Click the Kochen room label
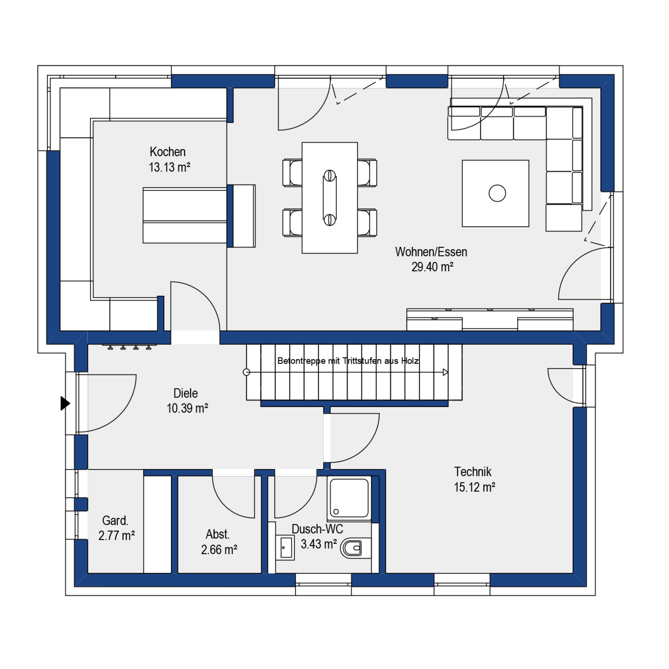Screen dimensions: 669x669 tap(167, 152)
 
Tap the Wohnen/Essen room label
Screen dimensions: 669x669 tap(431, 252)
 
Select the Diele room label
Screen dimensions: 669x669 tap(186, 393)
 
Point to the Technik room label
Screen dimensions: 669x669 tap(473, 472)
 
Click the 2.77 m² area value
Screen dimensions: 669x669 tap(116, 535)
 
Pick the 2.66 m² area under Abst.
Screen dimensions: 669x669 tap(219, 549)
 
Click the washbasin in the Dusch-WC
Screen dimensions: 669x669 tap(285, 548)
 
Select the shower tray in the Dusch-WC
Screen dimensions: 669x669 tap(349, 498)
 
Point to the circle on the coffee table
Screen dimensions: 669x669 tap(497, 193)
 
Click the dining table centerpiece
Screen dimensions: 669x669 tap(330, 198)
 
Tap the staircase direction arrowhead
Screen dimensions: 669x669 tap(446, 372)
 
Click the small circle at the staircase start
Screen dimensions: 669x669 tap(246, 372)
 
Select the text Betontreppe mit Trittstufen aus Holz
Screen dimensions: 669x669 tap(348, 361)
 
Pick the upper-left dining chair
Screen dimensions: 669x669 tap(292, 173)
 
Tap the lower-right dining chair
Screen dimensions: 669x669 tap(367, 223)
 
